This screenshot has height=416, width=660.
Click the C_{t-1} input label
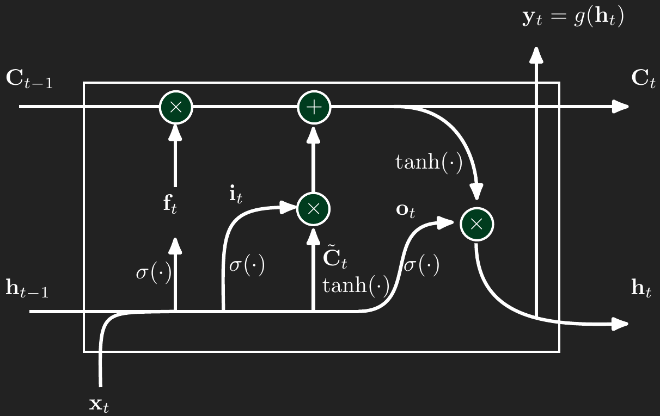(29, 79)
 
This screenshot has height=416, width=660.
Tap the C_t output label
(643, 79)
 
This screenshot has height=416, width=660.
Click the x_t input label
(99, 404)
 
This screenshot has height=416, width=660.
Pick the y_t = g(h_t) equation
(573, 18)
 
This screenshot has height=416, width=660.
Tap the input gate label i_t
(236, 194)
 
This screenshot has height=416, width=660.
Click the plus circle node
(314, 107)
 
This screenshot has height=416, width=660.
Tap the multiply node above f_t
(175, 107)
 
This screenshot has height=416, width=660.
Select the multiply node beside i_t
(313, 208)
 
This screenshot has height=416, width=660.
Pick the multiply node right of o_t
(476, 223)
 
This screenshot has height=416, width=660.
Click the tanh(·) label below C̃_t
(356, 285)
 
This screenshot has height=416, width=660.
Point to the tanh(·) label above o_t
(429, 162)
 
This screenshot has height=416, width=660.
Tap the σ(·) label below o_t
(421, 266)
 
